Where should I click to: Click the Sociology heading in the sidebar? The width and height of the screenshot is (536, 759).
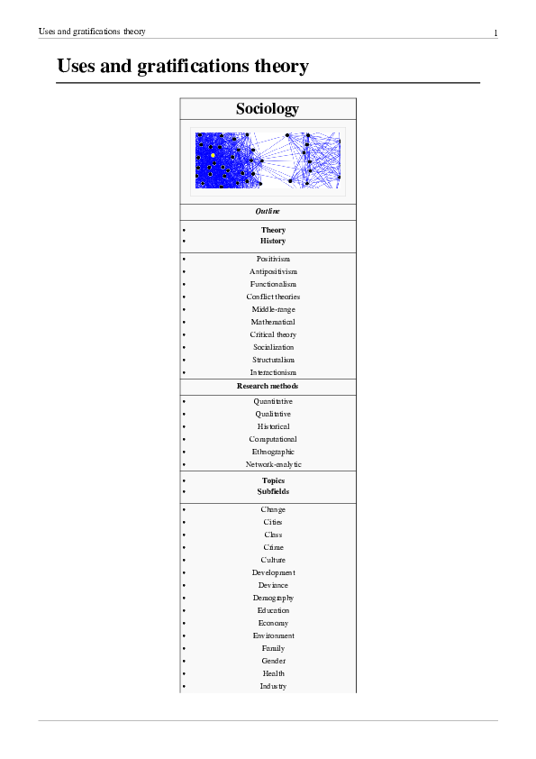click(268, 109)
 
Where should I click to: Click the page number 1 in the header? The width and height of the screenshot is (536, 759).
click(495, 33)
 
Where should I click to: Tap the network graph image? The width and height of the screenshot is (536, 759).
click(268, 161)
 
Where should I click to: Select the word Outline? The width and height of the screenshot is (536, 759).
click(268, 212)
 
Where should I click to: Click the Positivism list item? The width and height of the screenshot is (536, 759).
click(273, 259)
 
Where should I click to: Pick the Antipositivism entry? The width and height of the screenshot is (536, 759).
click(273, 271)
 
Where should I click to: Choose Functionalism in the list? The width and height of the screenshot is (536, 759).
click(273, 284)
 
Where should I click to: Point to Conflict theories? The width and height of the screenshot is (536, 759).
click(273, 297)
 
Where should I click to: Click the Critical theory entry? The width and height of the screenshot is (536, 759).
click(273, 334)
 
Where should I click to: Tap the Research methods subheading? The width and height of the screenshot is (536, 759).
click(268, 386)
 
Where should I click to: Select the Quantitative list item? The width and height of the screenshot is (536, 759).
click(273, 401)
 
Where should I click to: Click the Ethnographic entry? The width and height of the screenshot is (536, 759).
click(273, 452)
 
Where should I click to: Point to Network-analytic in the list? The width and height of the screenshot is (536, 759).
click(273, 464)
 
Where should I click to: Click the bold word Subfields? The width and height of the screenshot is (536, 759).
click(273, 492)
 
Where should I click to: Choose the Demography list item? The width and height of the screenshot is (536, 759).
click(273, 598)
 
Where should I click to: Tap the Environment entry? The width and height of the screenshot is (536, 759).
click(273, 636)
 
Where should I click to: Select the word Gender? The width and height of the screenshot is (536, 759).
click(273, 661)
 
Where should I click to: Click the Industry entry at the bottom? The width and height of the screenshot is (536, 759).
click(273, 686)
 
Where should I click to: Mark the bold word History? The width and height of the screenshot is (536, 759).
click(273, 242)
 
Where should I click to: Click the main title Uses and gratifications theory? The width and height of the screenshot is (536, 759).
click(183, 67)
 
